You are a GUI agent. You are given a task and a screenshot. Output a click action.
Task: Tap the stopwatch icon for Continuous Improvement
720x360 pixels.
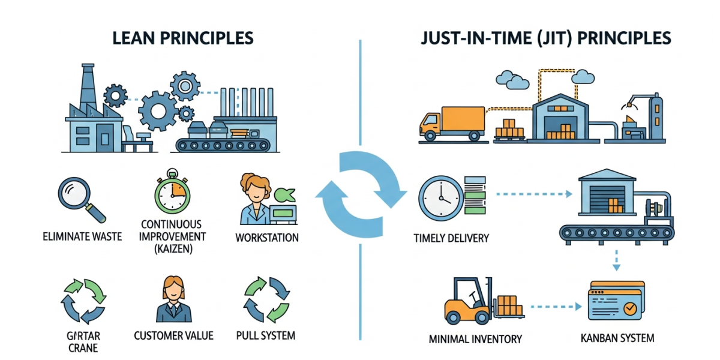point(172,193)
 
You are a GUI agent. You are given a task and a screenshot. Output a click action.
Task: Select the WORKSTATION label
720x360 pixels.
point(267,238)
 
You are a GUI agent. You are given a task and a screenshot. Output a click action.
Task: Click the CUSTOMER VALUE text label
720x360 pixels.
point(173,335)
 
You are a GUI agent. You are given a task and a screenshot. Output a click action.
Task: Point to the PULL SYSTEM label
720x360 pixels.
point(266,335)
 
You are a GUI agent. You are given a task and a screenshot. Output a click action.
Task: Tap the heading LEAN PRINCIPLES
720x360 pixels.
point(182,38)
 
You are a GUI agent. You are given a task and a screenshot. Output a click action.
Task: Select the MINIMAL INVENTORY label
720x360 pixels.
point(476,339)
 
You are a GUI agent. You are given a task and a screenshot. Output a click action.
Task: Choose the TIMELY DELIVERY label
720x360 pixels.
point(451,238)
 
